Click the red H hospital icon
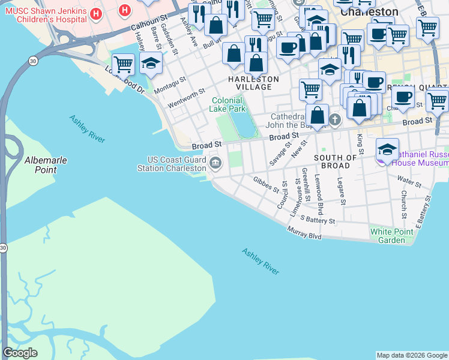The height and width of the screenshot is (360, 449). tap(124, 10)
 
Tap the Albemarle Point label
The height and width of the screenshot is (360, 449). tap(46, 165)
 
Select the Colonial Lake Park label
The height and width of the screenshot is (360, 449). tap(228, 105)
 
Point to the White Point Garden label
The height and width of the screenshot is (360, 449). tap(396, 236)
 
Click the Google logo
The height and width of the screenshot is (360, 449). tap(20, 353)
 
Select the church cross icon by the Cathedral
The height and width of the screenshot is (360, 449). tap(335, 120)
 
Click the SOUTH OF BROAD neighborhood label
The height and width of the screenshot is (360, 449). tap(336, 161)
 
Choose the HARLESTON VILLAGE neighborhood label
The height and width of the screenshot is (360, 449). tap(253, 83)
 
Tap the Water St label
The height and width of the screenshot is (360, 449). tap(409, 179)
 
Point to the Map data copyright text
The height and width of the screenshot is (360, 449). tap(412, 355)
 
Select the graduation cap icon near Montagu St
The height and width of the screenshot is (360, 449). tap(151, 62)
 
